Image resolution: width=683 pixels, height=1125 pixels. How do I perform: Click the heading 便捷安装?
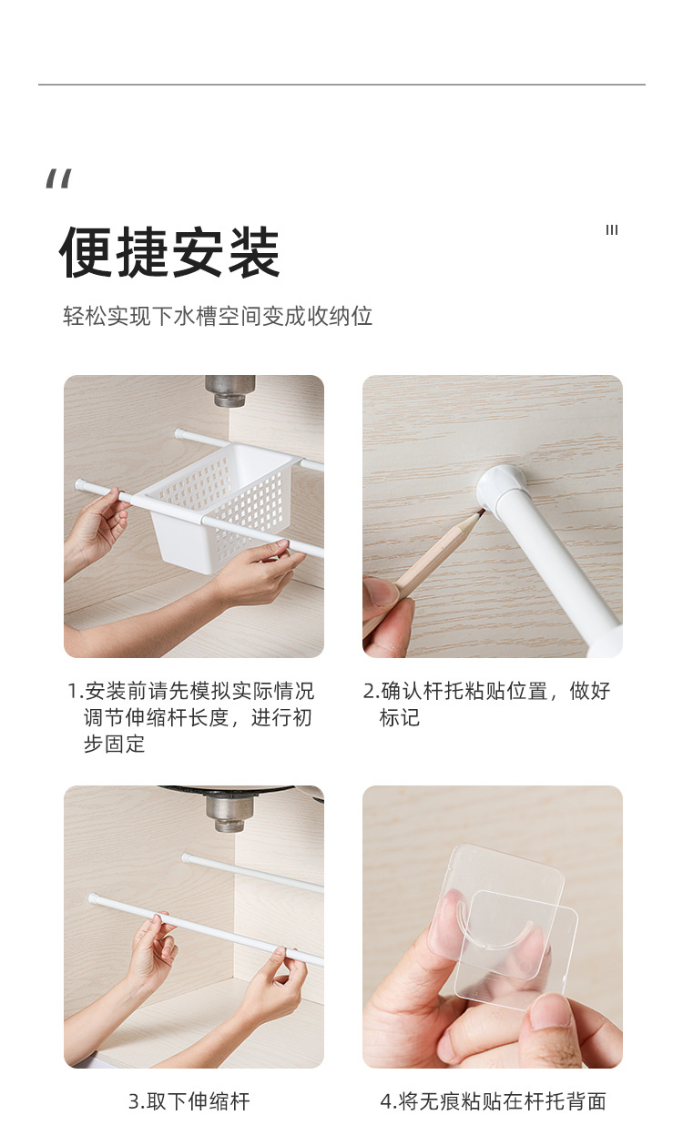[x=169, y=252]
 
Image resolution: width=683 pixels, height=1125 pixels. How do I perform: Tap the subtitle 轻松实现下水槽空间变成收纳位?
[x=218, y=316]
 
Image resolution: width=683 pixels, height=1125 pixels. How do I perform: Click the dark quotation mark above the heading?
[x=59, y=178]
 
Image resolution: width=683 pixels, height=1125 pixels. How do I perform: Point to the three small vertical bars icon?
[x=612, y=230]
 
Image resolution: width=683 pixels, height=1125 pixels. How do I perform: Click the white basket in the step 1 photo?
[x=221, y=507]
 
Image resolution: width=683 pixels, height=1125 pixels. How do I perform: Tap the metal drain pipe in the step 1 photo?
[x=230, y=390]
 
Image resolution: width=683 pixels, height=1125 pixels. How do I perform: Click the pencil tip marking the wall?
[x=481, y=512]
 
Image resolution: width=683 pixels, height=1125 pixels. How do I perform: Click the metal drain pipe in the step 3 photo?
[x=230, y=813]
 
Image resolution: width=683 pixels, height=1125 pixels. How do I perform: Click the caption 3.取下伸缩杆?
[x=189, y=1101]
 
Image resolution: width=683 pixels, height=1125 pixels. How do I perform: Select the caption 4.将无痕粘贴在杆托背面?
[x=493, y=1101]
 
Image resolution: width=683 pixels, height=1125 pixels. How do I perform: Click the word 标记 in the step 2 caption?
[x=400, y=717]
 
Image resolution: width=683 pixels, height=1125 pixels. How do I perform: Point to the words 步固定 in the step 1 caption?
[x=114, y=744]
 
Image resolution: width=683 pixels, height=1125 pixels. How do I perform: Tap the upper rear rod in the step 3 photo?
[x=253, y=872]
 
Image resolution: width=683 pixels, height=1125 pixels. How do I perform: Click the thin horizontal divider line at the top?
[x=341, y=85]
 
